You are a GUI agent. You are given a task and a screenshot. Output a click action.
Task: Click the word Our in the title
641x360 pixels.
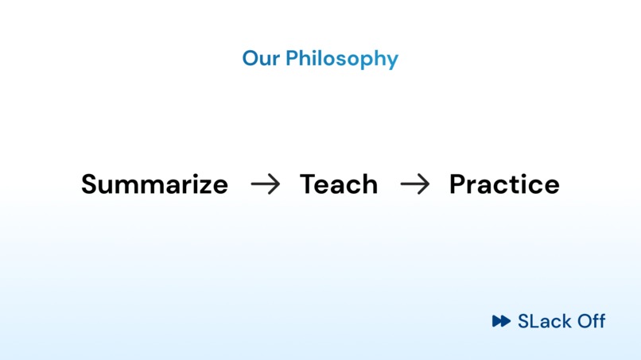pyautogui.click(x=261, y=58)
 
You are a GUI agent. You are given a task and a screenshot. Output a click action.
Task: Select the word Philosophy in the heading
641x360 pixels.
pyautogui.click(x=342, y=60)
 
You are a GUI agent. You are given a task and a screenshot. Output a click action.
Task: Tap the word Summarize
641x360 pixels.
pyautogui.click(x=154, y=184)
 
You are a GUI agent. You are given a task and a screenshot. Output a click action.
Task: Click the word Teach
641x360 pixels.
pyautogui.click(x=339, y=184)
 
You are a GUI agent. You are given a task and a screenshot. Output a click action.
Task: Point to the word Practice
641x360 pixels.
pyautogui.click(x=504, y=184)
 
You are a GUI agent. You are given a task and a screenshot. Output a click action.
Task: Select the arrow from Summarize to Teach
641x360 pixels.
pyautogui.click(x=266, y=184)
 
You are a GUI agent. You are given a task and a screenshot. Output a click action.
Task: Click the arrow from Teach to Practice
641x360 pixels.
pyautogui.click(x=415, y=184)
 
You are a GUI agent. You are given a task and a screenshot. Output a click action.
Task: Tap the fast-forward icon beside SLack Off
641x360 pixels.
pyautogui.click(x=501, y=321)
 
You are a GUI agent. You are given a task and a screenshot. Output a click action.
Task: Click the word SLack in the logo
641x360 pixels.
pyautogui.click(x=545, y=321)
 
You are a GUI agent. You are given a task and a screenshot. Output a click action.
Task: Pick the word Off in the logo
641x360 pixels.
pyautogui.click(x=591, y=321)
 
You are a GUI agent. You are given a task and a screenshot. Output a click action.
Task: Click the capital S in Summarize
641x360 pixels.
pyautogui.click(x=90, y=184)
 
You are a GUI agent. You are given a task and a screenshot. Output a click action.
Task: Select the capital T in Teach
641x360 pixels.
pyautogui.click(x=309, y=184)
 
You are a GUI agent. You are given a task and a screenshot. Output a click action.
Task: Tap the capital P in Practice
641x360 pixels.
pyautogui.click(x=458, y=184)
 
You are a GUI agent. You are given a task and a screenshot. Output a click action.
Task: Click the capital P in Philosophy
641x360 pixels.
pyautogui.click(x=292, y=58)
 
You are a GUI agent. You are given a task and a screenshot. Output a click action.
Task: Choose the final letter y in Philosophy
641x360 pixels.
pyautogui.click(x=392, y=62)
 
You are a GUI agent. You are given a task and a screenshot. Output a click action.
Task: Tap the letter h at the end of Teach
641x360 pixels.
pyautogui.click(x=370, y=184)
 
